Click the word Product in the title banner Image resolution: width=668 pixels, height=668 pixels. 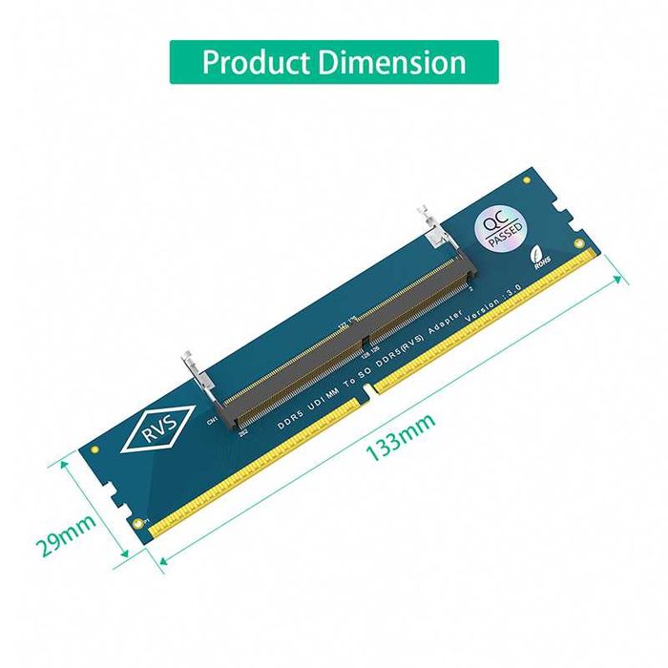pos(255,62)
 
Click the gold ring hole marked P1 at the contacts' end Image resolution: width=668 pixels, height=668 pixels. pos(140,520)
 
